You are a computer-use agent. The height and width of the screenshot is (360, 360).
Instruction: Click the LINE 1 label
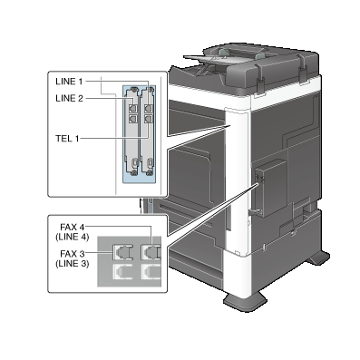click(69, 82)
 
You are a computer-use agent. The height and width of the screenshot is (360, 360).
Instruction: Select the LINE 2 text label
click(69, 98)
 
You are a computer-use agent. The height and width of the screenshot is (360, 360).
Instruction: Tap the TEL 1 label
click(67, 139)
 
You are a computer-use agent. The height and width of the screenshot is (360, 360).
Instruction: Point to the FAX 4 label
click(73, 227)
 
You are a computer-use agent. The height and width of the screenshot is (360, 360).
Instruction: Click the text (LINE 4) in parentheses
click(73, 237)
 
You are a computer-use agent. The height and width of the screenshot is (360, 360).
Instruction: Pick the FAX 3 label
click(73, 253)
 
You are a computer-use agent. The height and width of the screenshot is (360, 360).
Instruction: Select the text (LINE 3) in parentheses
click(73, 263)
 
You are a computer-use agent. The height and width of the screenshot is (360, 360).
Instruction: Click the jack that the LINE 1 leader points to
click(148, 108)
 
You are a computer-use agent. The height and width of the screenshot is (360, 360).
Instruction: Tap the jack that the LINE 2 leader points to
click(132, 108)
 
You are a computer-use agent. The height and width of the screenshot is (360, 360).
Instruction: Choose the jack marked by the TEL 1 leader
click(148, 119)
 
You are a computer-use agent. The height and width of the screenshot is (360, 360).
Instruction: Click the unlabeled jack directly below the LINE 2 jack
click(132, 119)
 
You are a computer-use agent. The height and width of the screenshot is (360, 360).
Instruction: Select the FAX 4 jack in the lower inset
click(151, 252)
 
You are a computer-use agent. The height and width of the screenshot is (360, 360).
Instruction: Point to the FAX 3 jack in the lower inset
click(122, 252)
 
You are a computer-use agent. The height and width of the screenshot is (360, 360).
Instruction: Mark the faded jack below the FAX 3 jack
click(122, 272)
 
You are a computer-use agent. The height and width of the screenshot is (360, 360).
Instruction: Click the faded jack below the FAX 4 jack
click(151, 272)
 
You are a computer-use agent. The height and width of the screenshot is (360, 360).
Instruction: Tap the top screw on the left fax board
click(134, 89)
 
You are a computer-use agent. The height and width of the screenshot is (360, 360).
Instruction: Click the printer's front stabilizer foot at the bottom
click(245, 301)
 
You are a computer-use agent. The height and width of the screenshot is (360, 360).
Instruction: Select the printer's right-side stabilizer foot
click(318, 258)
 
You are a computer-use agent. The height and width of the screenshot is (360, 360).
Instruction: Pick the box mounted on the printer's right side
click(270, 189)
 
